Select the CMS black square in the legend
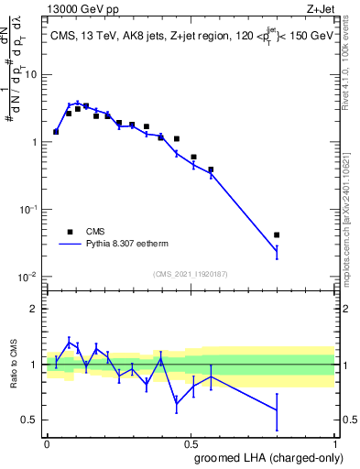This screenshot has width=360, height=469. pos(69,232)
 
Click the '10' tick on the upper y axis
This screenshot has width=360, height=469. pos(32,74)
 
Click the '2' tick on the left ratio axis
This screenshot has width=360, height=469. pos(37,309)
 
